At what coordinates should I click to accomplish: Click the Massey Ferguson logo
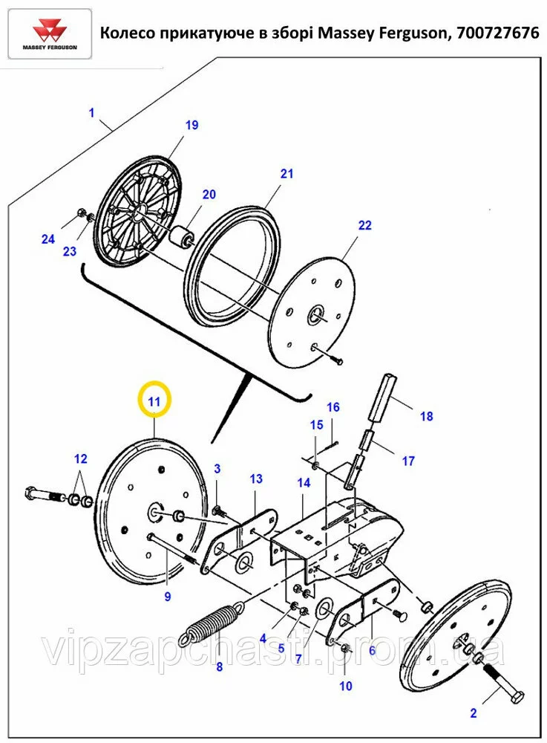[x=49, y=34]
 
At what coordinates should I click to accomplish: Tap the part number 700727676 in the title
[x=494, y=33]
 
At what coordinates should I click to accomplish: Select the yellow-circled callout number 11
[x=154, y=402]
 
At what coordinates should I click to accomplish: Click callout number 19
[x=191, y=125]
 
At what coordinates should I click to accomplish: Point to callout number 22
[x=364, y=225]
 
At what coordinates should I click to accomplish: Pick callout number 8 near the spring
[x=219, y=666]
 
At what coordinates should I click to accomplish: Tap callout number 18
[x=426, y=416]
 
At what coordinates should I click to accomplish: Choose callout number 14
[x=304, y=483]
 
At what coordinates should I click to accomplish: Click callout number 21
[x=286, y=174]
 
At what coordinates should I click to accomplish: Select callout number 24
[x=48, y=239]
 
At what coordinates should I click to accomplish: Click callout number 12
[x=80, y=458]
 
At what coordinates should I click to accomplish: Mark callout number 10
[x=346, y=686]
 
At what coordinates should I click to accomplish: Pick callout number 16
[x=333, y=407]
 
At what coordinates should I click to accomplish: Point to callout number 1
[x=91, y=113]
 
